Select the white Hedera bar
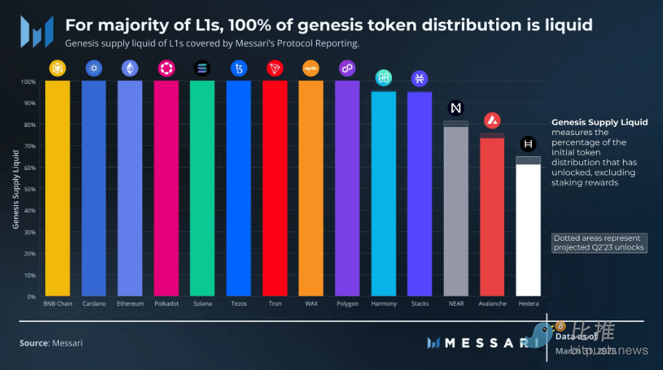tap(528, 230)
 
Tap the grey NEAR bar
tap(456, 212)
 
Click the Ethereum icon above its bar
tap(130, 69)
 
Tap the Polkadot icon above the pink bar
tap(166, 69)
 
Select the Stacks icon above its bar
tap(420, 79)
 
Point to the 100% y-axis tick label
tap(27, 82)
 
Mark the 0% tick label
tap(30, 297)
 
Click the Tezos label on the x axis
tap(238, 304)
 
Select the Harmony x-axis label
tap(383, 304)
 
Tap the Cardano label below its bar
tap(94, 304)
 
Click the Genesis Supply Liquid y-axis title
tap(16, 189)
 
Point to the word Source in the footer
tap(34, 343)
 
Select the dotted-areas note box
tap(598, 243)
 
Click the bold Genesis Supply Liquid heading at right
tap(600, 123)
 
